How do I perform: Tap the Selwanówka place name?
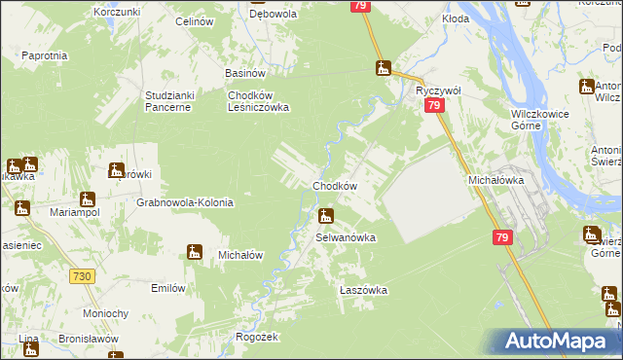click(x=345, y=236)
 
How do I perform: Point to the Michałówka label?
click(x=496, y=180)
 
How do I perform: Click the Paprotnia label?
click(x=44, y=55)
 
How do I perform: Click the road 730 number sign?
click(x=82, y=277)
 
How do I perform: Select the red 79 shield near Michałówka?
click(x=502, y=238)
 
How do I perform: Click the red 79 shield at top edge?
click(x=359, y=7)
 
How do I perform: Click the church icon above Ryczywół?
click(x=384, y=68)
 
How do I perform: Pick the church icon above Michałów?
click(x=195, y=253)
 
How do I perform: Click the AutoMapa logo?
click(x=561, y=341)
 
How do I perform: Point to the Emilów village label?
click(x=167, y=288)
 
